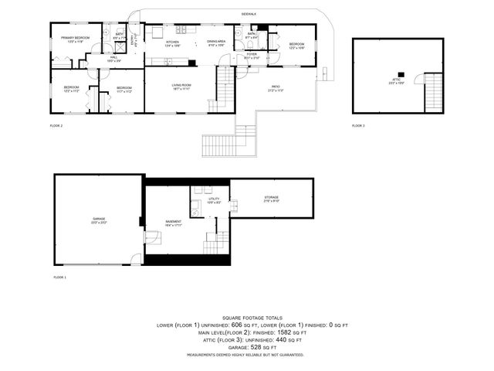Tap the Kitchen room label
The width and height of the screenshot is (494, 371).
click(x=172, y=43)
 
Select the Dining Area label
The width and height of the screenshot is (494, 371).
click(x=216, y=43)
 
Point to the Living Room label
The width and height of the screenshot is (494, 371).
click(x=181, y=87)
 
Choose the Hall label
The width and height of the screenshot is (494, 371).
click(x=113, y=58)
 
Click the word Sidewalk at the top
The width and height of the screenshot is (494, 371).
click(x=249, y=14)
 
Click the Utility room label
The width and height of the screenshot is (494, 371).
click(x=214, y=201)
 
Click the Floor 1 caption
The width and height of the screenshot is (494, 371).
click(x=59, y=277)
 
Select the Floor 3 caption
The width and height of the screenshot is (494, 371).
click(x=358, y=125)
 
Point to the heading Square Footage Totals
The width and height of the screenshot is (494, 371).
click(x=252, y=318)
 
